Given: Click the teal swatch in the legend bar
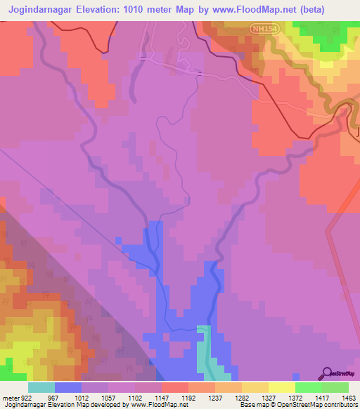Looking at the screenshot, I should (41, 388).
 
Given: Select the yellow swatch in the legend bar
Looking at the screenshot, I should (282, 388).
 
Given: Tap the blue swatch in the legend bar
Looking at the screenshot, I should (68, 388).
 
